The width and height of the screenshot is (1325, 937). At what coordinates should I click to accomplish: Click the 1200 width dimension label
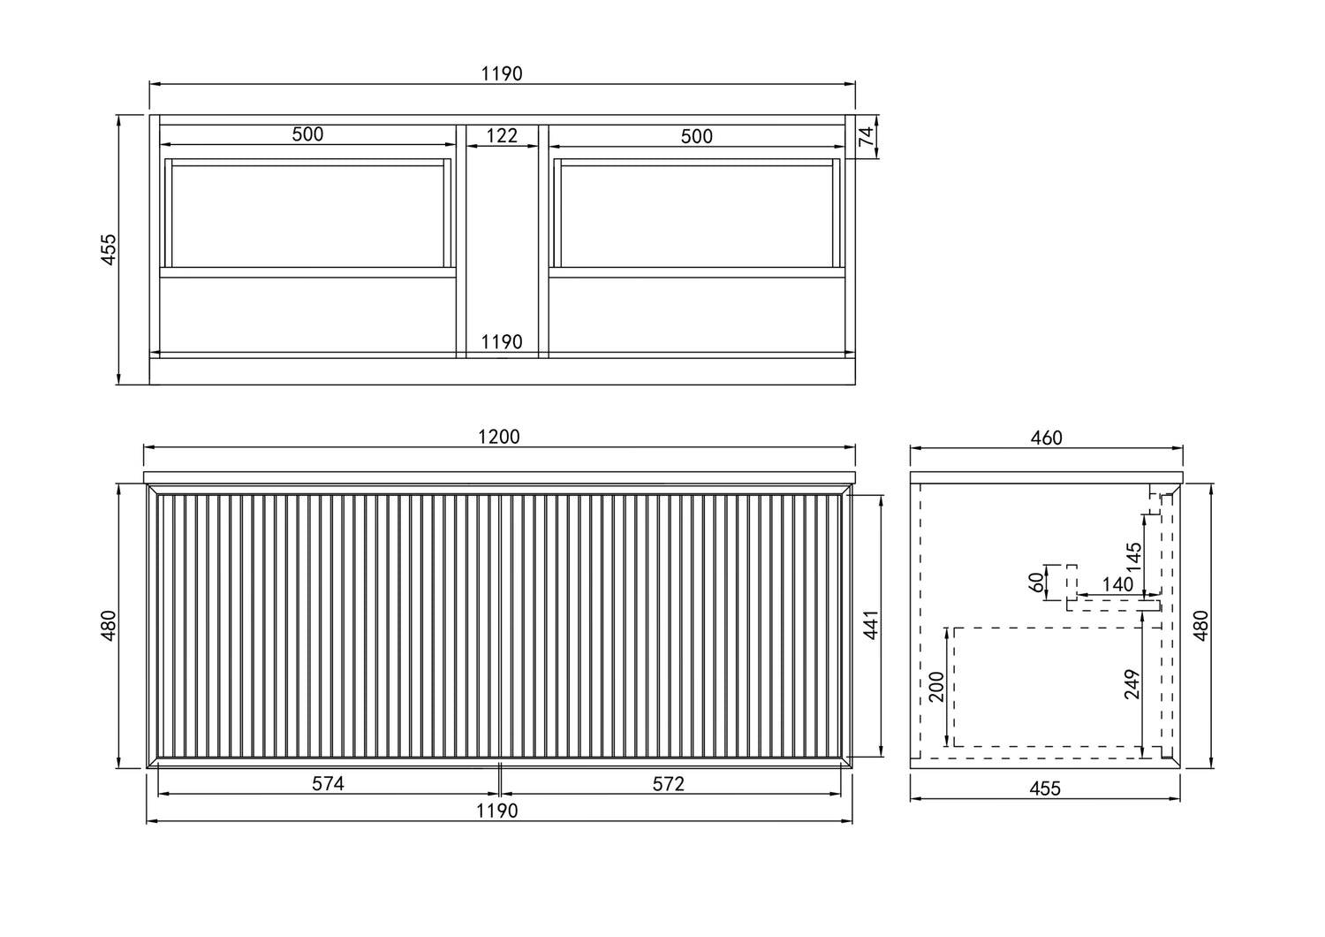pos(500,437)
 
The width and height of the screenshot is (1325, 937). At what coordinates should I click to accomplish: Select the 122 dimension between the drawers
pos(502,135)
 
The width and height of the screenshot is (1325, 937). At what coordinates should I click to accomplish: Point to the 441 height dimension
pos(870,626)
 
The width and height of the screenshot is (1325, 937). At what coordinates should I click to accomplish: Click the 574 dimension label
pos(328,783)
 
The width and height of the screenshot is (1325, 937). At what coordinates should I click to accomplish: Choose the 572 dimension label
pos(669,783)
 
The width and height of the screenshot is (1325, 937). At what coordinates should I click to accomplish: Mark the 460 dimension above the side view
pos(1046,438)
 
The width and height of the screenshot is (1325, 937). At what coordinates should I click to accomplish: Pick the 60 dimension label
pos(1035,582)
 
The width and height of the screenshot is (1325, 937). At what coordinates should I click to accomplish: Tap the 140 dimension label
pos(1117,584)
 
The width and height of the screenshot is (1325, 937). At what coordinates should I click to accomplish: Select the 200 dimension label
pos(937,686)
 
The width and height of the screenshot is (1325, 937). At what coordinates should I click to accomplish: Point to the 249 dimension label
pos(1133,685)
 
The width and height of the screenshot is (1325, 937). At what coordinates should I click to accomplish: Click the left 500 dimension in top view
pos(307,134)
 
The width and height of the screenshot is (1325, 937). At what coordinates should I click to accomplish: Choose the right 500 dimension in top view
pos(697,136)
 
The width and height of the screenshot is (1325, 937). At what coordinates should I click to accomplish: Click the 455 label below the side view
pos(1045,788)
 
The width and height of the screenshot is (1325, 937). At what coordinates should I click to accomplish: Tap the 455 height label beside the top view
pos(108,249)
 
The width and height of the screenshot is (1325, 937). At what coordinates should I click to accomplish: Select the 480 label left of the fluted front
pos(108,626)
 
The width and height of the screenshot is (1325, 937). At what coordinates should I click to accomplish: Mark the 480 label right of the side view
pos(1200,626)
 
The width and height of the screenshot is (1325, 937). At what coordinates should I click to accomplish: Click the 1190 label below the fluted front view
pos(497,811)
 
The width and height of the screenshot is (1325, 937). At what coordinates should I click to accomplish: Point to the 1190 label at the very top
pos(502,73)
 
